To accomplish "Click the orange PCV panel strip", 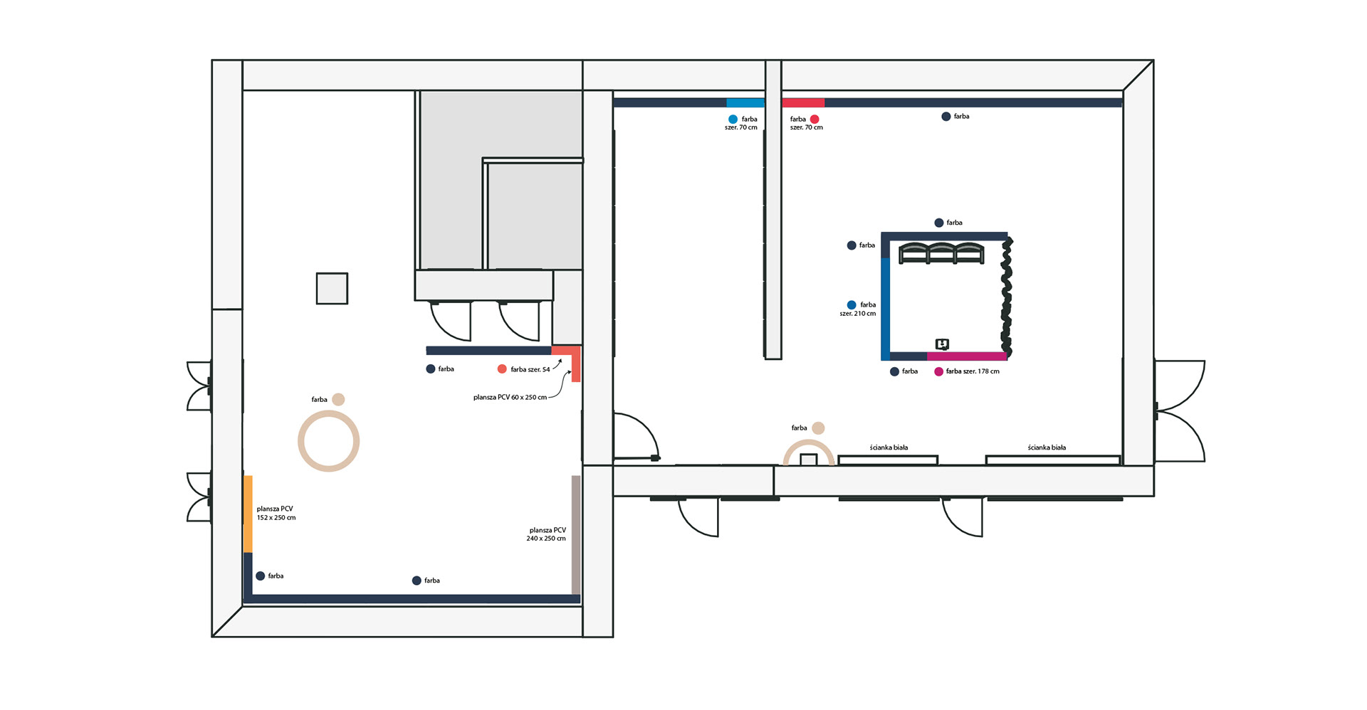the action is [248, 514].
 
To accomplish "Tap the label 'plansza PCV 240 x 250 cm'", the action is [546, 534].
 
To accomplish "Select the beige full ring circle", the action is [328, 441].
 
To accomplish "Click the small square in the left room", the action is [332, 288].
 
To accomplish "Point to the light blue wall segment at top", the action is [745, 102].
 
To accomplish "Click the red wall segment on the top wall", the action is [803, 102].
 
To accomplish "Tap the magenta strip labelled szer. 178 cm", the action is [967, 356].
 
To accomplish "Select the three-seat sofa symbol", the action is [941, 253].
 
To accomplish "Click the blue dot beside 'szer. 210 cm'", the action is [852, 304].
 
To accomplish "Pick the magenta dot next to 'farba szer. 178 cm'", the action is [938, 371].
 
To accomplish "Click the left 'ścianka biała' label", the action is [889, 447].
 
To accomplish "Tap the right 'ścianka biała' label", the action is [1047, 447].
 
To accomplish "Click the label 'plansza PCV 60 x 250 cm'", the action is [510, 397].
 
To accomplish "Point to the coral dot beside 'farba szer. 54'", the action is [502, 369].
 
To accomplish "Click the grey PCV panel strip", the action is [576, 535].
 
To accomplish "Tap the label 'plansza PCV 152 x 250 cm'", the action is [276, 513].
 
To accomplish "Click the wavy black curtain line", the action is [1007, 297].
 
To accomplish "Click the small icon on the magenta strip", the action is [942, 344].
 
